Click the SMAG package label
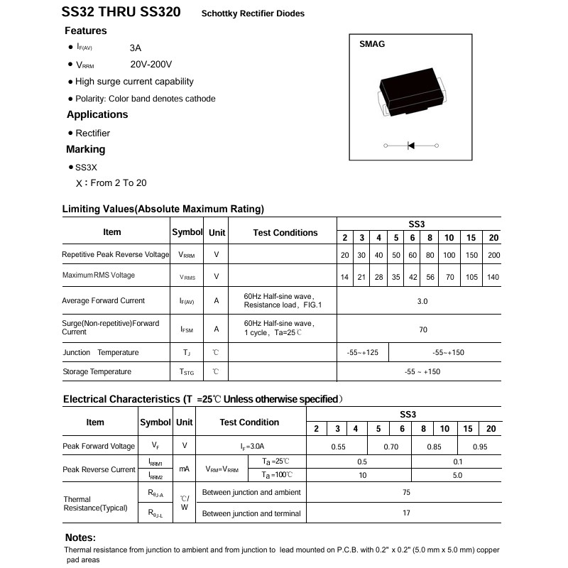tap(372, 44)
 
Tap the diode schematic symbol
tap(411, 146)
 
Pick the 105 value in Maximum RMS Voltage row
tap(471, 277)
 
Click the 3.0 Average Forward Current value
tap(422, 301)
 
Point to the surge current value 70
tap(422, 330)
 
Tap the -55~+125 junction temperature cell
tap(362, 353)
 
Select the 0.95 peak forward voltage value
tap(480, 447)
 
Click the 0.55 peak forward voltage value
tap(338, 447)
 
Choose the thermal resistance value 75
tap(406, 493)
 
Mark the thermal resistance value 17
tap(406, 513)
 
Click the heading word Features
tap(86, 31)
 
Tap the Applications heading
tap(97, 114)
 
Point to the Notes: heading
tap(80, 537)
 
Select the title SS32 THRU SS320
tap(121, 12)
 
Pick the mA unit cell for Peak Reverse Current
tap(185, 469)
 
